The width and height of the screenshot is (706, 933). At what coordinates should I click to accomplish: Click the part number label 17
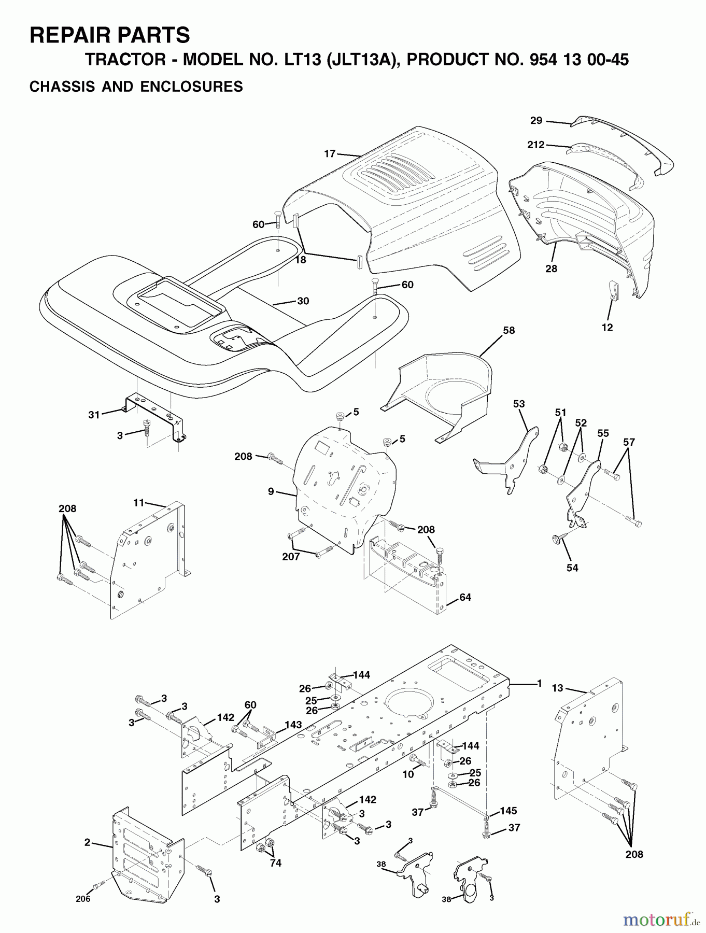point(330,153)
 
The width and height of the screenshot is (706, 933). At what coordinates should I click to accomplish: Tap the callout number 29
point(536,121)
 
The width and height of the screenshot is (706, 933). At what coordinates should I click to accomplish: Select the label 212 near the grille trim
point(536,145)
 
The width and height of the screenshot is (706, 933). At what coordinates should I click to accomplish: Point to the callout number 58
point(509,330)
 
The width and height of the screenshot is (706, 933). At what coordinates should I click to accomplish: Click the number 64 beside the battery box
point(465,597)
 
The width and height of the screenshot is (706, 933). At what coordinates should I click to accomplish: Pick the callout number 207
point(291,557)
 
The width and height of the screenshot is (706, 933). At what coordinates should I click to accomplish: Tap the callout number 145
point(508,811)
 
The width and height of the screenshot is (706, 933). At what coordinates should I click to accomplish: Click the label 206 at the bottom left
point(83,898)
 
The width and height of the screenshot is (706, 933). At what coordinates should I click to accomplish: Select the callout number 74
point(276,863)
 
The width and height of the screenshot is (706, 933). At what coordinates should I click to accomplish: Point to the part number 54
point(572,568)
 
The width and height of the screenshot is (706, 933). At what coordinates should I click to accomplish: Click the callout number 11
point(138,502)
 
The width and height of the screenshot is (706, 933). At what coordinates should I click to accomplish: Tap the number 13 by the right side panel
point(557,688)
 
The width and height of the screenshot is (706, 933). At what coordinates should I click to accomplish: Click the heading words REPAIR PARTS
point(110,35)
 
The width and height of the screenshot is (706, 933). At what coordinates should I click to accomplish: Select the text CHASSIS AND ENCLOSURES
point(136,86)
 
